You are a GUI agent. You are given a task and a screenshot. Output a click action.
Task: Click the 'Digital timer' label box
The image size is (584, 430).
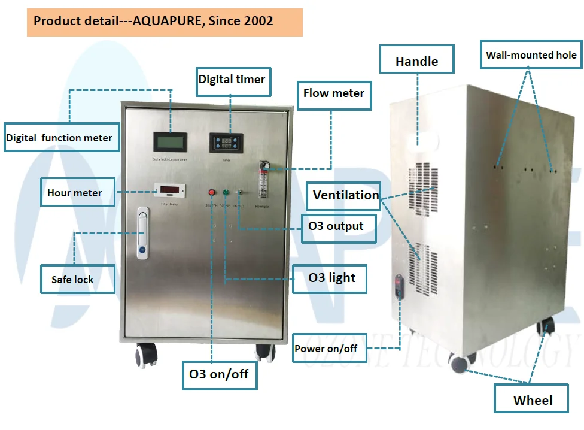[232, 79]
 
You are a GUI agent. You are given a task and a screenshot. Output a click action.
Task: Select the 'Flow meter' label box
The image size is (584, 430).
[334, 93]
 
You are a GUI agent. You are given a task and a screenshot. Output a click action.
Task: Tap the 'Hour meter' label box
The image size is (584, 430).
[75, 193]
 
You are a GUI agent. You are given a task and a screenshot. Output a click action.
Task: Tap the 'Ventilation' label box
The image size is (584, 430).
[346, 195]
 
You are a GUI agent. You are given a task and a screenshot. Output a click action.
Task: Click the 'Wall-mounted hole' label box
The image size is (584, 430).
[531, 56]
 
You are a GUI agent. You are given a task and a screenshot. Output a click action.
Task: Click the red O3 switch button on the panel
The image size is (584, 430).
[211, 193]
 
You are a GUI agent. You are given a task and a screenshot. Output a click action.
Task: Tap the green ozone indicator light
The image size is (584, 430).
[226, 193]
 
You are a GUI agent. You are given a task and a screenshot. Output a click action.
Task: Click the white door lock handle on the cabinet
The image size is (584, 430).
[142, 233]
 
